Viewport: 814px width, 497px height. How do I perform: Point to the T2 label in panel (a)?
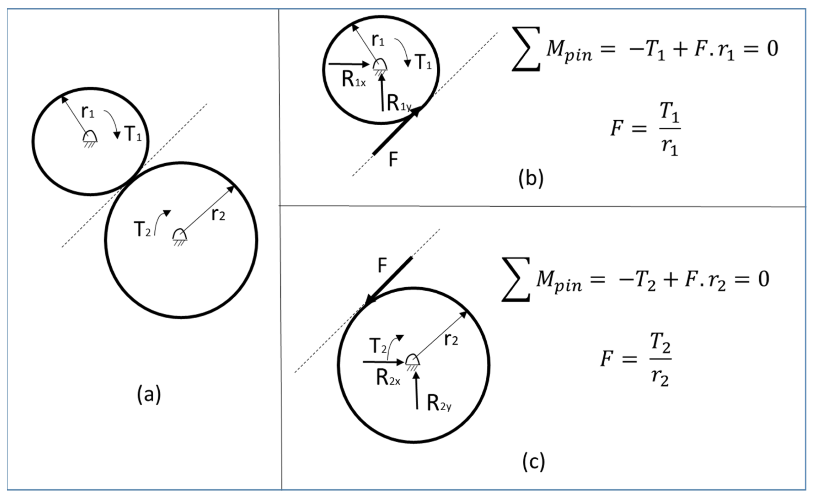(142, 229)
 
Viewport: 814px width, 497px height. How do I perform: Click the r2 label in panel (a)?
(218, 215)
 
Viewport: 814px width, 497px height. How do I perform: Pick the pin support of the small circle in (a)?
(89, 138)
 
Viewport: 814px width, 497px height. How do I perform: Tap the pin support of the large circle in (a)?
(180, 236)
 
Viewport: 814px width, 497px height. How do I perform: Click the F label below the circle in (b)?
(393, 160)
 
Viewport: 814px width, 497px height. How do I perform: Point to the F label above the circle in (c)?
(382, 265)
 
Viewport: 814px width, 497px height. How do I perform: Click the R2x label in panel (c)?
(388, 378)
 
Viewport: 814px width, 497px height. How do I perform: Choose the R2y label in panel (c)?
(439, 403)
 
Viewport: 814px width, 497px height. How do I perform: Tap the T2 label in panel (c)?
(378, 346)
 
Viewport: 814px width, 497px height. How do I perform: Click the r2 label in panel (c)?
(451, 339)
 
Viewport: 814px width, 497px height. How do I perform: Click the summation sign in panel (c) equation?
(516, 280)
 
